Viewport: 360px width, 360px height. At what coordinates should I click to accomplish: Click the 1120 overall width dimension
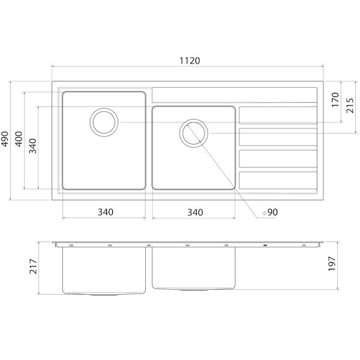tap(188, 61)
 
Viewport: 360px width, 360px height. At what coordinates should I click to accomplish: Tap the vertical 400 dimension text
tap(19, 140)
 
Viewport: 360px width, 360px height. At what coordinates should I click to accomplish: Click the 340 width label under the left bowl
tap(105, 212)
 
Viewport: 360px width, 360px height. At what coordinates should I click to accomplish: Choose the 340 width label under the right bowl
tap(194, 212)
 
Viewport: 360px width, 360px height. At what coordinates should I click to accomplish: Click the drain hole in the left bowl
tap(104, 122)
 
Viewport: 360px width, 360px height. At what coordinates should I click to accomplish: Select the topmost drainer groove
tap(278, 114)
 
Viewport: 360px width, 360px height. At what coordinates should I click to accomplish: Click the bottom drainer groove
tap(278, 179)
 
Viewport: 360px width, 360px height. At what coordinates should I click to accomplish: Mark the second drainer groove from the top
tap(278, 136)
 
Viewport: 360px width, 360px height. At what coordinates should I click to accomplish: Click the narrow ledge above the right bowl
tap(234, 95)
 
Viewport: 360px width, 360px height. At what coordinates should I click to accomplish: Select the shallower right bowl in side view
tap(193, 267)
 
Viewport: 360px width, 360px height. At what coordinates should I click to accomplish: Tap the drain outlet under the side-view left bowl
tap(105, 295)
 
